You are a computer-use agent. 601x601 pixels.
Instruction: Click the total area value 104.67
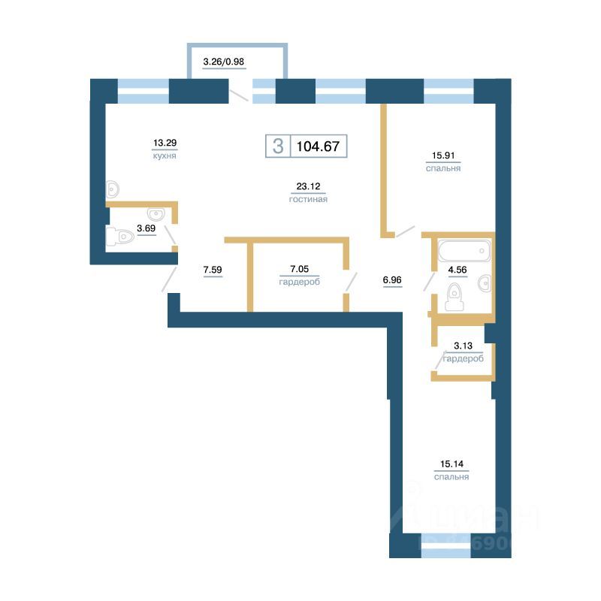click(319, 146)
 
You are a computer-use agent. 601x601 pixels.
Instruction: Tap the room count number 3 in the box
click(278, 146)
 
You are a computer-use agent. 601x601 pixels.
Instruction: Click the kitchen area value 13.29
click(165, 141)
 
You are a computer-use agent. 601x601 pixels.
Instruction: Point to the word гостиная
click(308, 200)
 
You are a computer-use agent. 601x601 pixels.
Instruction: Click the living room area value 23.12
click(308, 187)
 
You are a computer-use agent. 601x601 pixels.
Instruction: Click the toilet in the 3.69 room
click(122, 238)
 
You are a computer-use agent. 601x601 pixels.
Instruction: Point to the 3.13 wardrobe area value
click(462, 346)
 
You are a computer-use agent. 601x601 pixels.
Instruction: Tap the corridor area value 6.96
click(393, 280)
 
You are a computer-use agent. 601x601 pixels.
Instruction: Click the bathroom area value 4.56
click(458, 268)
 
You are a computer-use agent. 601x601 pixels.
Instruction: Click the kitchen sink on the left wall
click(113, 187)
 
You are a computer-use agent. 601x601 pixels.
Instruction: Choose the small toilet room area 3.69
click(146, 228)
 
